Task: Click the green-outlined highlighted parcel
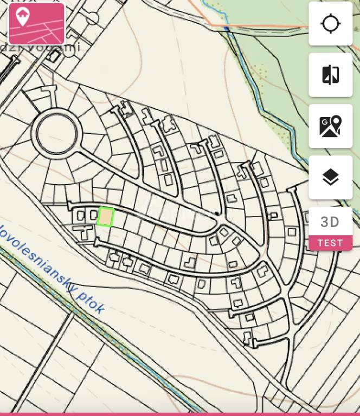106,217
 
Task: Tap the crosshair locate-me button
330,24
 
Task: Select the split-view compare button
330,75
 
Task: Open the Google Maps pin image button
330,126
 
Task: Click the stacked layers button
330,177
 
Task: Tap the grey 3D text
330,222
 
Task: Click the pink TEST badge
330,243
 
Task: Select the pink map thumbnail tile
37,24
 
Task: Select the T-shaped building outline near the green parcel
85,232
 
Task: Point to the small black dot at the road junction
217,213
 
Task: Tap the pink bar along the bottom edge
180,414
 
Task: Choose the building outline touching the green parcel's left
93,215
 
